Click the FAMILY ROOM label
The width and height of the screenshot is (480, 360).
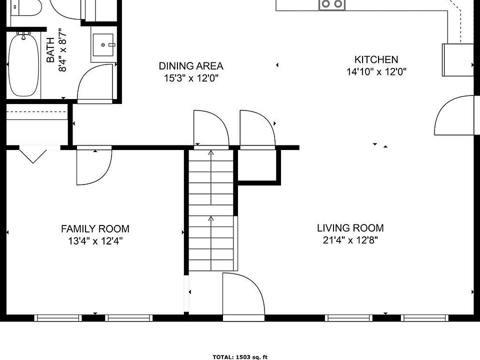tap(95, 228)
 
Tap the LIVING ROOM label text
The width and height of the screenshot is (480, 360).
tap(350, 228)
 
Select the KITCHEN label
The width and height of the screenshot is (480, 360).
tap(376, 59)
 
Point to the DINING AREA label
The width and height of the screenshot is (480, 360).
tap(191, 66)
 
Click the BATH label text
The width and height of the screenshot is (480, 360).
tap(50, 50)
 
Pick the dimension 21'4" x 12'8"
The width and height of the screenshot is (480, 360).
tap(350, 240)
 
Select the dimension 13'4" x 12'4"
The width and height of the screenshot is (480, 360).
tap(95, 241)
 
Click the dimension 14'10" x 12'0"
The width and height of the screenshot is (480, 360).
tap(376, 71)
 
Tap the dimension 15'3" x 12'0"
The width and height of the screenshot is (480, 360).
tap(191, 78)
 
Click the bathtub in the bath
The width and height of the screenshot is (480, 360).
tap(23, 65)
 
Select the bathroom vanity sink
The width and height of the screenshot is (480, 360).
tap(103, 45)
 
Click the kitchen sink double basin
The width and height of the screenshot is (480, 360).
tap(332, 4)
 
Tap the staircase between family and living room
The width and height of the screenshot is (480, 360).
tap(211, 210)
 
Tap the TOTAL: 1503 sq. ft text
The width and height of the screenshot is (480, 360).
tap(240, 357)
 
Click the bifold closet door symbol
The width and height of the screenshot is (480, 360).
tap(33, 154)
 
